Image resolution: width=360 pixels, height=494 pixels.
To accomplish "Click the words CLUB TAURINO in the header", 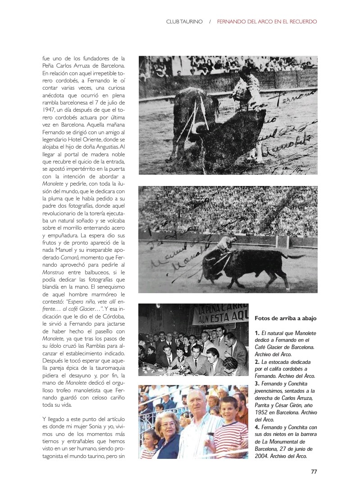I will pyautogui.click(x=185, y=21).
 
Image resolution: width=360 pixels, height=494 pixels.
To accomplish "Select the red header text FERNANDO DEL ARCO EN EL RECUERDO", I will pyautogui.click(x=267, y=21).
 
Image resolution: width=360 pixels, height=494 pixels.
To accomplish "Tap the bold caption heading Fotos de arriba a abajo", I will pyautogui.click(x=286, y=318).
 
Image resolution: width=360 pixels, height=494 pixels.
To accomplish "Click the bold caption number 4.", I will pyautogui.click(x=256, y=427).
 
